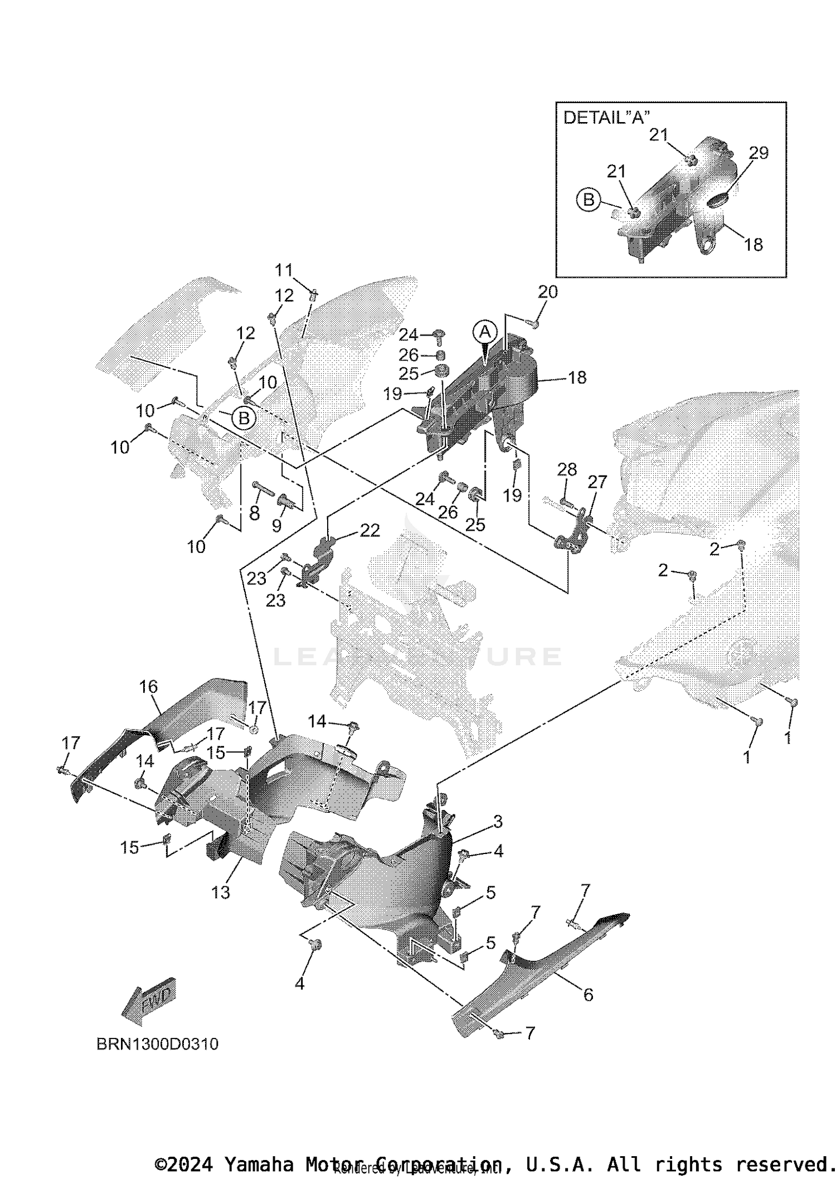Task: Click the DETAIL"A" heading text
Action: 607,118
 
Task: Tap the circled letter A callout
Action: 485,332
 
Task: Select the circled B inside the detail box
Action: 589,199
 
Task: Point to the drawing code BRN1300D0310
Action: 158,1044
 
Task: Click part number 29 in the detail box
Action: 758,153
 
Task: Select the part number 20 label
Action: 547,292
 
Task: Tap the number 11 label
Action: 284,270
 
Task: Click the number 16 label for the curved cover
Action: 149,686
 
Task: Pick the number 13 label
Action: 221,892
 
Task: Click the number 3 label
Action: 498,821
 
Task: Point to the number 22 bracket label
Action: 370,530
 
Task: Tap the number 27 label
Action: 597,482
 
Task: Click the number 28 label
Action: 567,469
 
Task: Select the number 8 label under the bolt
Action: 255,513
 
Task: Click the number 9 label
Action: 277,525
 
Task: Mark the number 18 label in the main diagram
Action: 577,377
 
